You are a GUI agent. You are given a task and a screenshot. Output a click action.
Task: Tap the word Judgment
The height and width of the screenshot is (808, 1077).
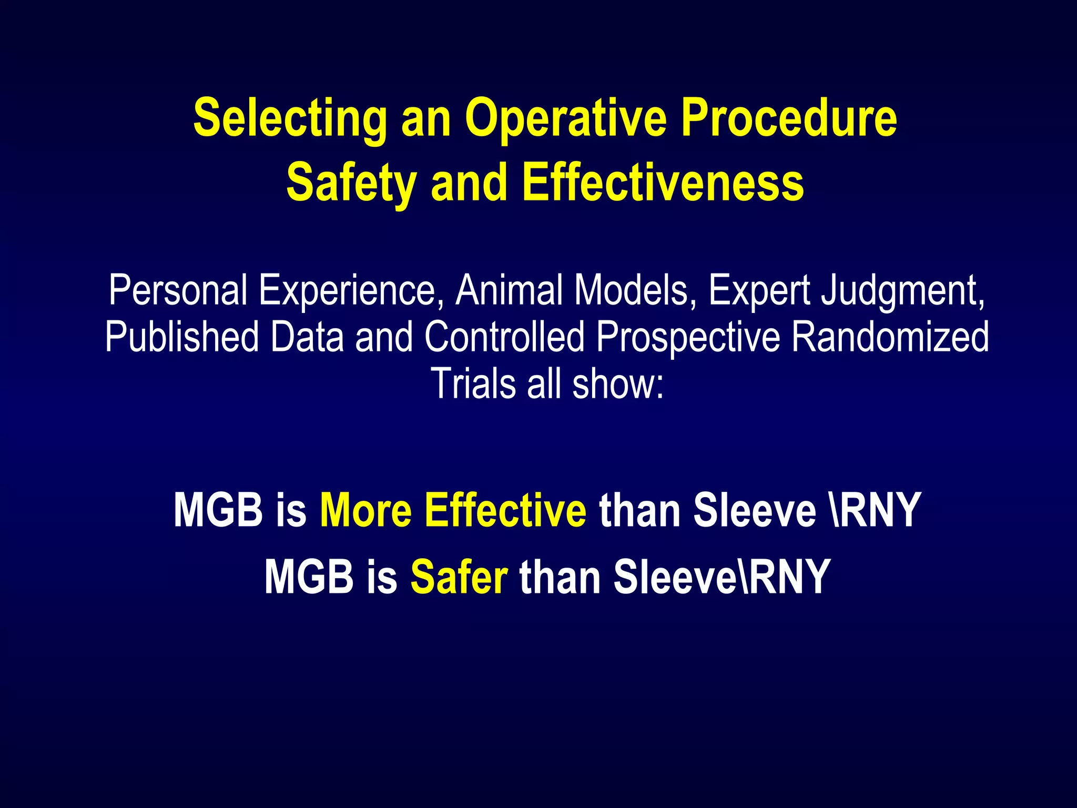pyautogui.click(x=903, y=291)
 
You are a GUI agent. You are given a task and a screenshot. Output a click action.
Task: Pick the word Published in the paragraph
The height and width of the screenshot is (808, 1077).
pyautogui.click(x=181, y=337)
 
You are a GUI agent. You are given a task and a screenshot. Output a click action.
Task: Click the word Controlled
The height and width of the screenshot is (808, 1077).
pyautogui.click(x=504, y=337)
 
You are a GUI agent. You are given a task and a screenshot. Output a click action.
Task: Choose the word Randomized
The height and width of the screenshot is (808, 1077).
pyautogui.click(x=890, y=337)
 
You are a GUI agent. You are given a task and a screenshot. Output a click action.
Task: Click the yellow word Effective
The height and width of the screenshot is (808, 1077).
pyautogui.click(x=505, y=510)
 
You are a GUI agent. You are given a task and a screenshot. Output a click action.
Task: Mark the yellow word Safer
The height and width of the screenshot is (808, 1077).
pyautogui.click(x=459, y=577)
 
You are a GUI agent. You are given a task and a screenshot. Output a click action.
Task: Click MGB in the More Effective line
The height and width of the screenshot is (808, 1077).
pyautogui.click(x=218, y=510)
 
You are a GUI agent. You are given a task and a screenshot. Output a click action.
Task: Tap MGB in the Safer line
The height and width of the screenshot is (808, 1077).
pyautogui.click(x=309, y=577)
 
